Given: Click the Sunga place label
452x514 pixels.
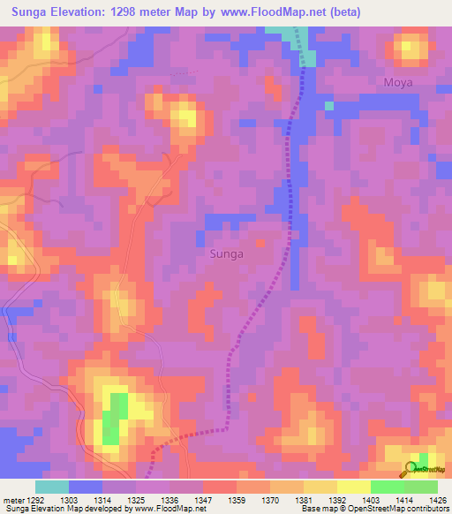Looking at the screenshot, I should (226, 253).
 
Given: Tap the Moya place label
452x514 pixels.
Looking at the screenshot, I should (398, 82).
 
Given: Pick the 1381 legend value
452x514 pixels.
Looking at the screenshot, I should (305, 500).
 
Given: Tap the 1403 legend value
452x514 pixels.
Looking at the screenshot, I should (371, 500).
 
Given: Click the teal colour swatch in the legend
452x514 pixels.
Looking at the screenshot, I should (52, 487).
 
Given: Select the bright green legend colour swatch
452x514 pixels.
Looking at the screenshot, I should (388, 487).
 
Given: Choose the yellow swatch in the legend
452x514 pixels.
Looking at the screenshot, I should (354, 487).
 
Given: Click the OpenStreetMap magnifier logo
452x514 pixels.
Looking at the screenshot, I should (411, 470).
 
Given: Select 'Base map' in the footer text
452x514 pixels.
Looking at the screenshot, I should (316, 509).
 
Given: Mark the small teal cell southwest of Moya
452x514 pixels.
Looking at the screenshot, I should (329, 106).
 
